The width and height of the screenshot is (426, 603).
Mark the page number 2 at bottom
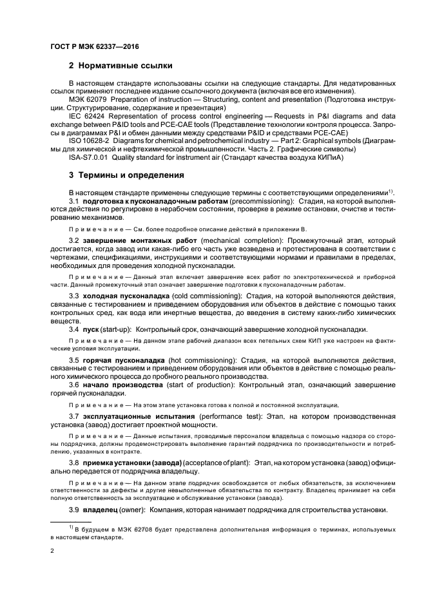(52, 551)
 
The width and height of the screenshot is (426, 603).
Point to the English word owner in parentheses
(136, 510)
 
